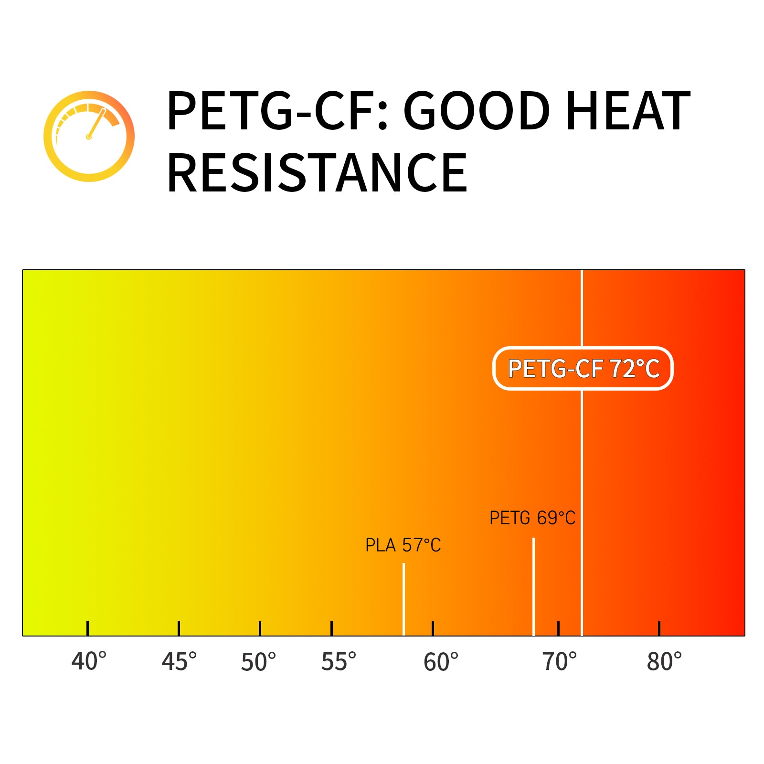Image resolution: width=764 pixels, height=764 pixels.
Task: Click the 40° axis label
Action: (89, 662)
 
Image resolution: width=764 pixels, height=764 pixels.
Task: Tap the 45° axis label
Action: (179, 662)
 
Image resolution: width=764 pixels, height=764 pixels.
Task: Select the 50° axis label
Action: (258, 662)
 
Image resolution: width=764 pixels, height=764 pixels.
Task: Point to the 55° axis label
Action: (339, 662)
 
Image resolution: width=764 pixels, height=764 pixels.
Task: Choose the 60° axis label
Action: (441, 662)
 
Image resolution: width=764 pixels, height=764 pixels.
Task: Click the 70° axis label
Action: (560, 662)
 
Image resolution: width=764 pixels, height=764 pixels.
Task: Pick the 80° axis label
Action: (664, 662)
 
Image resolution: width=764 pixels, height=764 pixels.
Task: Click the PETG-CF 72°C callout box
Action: (583, 368)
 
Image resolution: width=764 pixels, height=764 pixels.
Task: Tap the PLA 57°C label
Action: (403, 545)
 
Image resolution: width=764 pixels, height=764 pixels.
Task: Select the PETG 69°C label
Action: (532, 518)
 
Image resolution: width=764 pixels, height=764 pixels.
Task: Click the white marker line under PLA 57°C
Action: (403, 599)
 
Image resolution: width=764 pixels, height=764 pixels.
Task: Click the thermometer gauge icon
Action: (89, 136)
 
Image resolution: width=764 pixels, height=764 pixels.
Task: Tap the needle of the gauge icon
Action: (96, 124)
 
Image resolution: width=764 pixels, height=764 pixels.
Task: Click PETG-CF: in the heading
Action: (277, 111)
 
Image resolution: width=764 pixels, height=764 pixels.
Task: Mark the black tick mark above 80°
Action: (659, 628)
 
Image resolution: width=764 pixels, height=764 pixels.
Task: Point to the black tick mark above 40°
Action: (87, 628)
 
